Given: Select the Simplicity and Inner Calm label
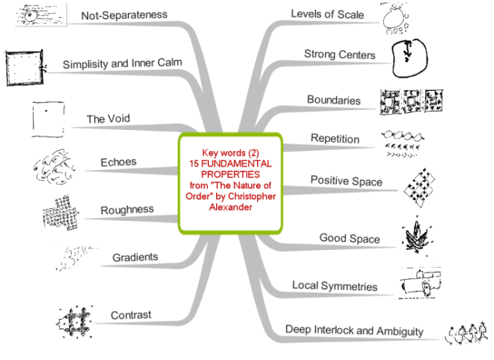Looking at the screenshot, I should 122,64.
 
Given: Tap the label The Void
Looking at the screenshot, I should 108,119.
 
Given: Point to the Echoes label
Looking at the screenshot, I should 118,162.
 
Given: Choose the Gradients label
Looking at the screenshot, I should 135,257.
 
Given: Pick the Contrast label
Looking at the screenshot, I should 131,315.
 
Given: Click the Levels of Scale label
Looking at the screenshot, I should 327,15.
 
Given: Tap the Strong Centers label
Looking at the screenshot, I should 339,54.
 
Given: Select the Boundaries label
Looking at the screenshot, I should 334,100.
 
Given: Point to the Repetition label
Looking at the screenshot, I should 335,138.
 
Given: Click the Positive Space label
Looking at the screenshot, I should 347,181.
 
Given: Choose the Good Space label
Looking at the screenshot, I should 350,238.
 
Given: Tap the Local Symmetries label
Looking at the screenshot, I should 335,286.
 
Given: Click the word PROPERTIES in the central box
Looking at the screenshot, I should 230,173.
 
